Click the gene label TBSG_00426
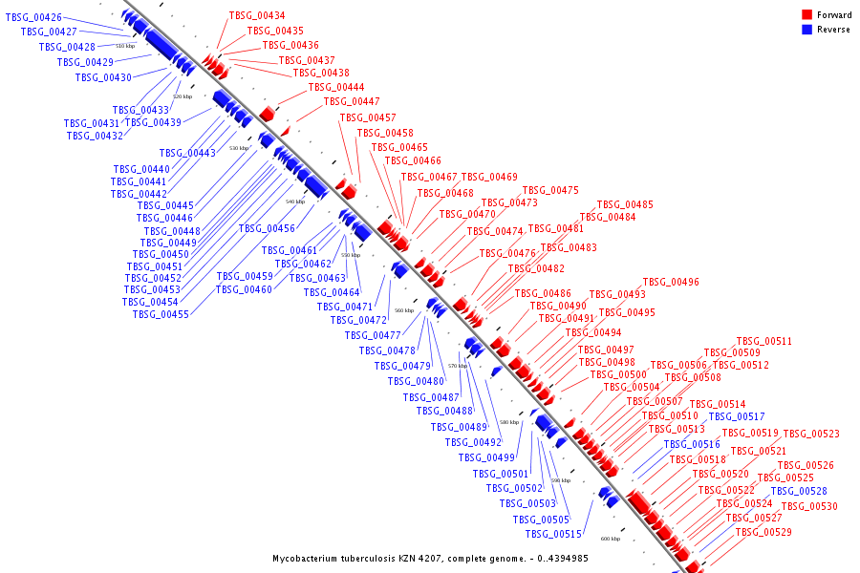tap(33, 18)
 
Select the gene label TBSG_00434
tap(257, 16)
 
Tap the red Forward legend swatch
tap(806, 15)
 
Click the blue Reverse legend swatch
tap(806, 30)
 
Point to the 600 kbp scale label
tap(611, 539)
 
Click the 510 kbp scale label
tap(125, 46)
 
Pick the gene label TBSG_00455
tap(161, 314)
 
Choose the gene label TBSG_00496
tap(671, 283)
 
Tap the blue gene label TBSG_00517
tap(737, 417)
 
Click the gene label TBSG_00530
tap(809, 507)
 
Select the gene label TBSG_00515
tap(554, 534)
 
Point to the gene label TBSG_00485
tap(625, 205)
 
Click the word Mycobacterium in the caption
tap(309, 558)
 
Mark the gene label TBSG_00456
tap(267, 229)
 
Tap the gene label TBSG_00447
tap(352, 102)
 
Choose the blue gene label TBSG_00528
tap(799, 491)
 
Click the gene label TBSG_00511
tap(764, 342)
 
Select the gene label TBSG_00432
tap(95, 136)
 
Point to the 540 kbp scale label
tap(295, 202)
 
